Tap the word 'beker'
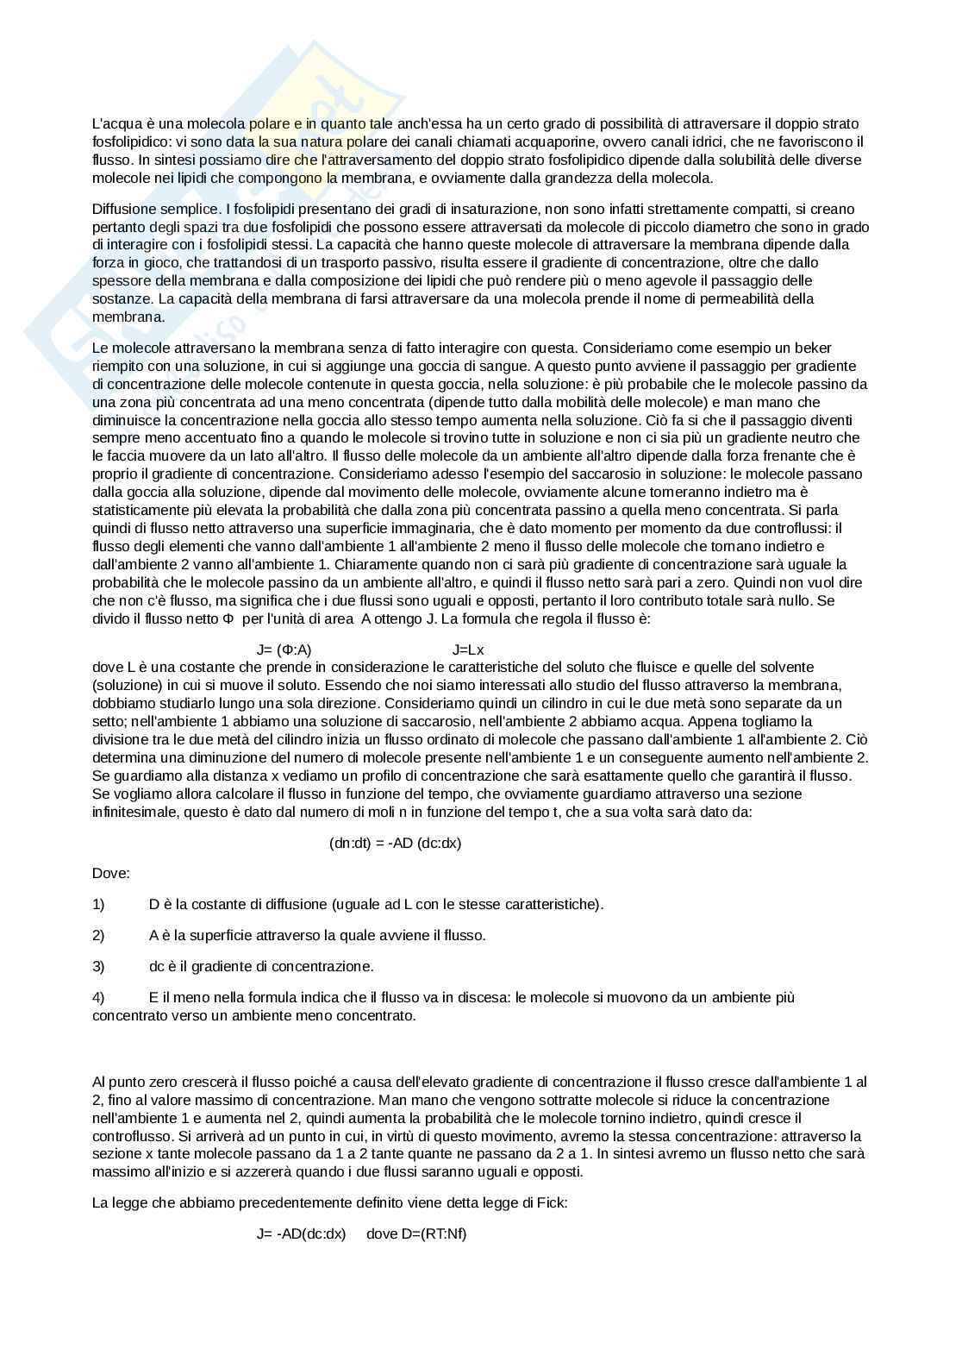coord(814,348)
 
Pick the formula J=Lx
coord(468,650)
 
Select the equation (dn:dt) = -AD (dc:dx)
coord(395,843)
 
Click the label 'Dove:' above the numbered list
coord(110,873)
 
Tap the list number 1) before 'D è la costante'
coord(98,904)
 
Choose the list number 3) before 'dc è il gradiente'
coord(98,966)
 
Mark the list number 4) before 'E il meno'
coord(98,997)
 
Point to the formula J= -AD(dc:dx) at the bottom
coord(301,1233)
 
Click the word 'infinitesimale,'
coord(134,812)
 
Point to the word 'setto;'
coord(110,721)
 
